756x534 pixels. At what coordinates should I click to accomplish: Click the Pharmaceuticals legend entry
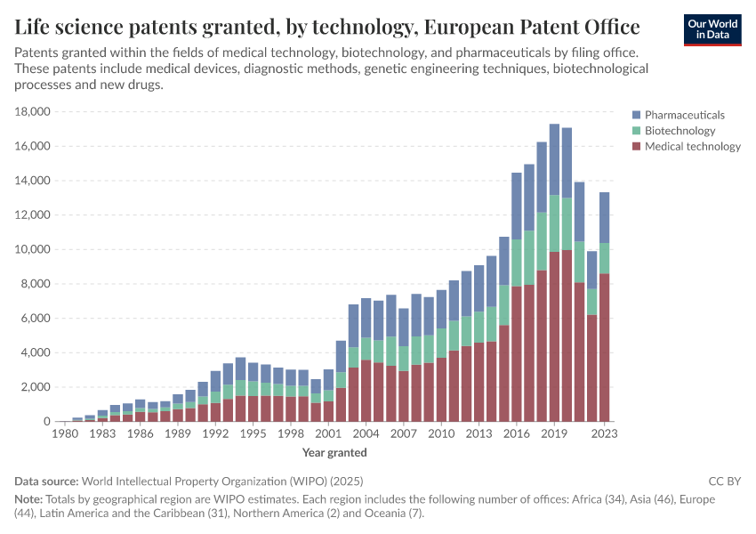click(x=684, y=115)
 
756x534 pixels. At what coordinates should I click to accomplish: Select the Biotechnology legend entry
click(x=680, y=131)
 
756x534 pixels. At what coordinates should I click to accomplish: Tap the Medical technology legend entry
click(x=692, y=147)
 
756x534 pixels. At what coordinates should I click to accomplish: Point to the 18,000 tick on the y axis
click(x=33, y=112)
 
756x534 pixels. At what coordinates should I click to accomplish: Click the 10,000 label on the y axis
click(x=33, y=249)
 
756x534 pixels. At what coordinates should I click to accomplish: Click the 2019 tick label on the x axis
click(x=554, y=434)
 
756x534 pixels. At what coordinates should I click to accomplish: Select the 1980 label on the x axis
click(x=65, y=434)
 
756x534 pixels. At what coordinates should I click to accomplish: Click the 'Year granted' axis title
click(x=334, y=452)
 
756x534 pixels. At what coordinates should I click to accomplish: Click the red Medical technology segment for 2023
click(x=605, y=347)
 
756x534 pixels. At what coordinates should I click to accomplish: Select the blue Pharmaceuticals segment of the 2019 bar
click(x=554, y=159)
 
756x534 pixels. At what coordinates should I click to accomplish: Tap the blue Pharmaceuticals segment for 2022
click(x=592, y=270)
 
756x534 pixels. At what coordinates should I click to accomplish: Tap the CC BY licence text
click(x=725, y=481)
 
